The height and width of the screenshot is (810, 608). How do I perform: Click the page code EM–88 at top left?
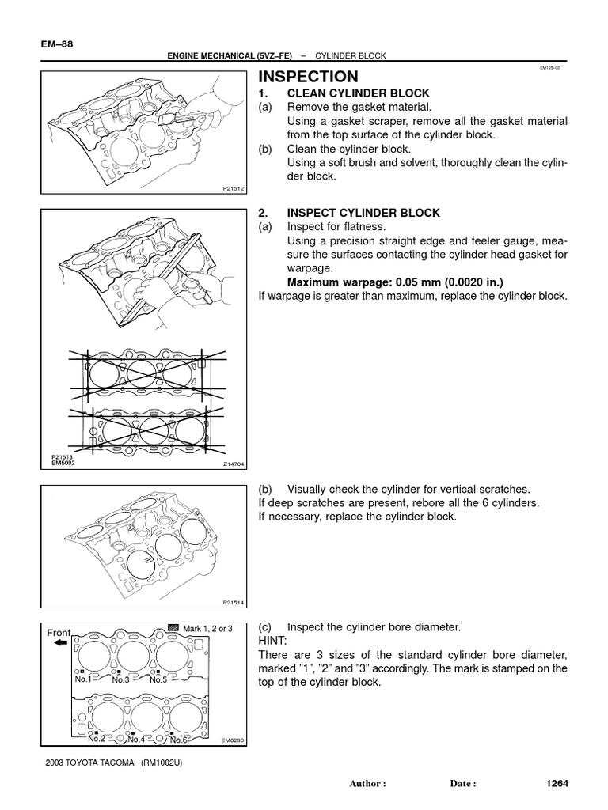click(55, 44)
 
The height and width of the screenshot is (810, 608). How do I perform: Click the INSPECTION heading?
click(309, 77)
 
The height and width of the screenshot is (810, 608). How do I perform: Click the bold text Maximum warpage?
click(376, 282)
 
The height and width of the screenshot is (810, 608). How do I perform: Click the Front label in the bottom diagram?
click(59, 633)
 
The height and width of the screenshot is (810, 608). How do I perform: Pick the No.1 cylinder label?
click(84, 679)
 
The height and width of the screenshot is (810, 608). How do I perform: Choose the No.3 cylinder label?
click(120, 679)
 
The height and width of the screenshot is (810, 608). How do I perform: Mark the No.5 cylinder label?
click(158, 679)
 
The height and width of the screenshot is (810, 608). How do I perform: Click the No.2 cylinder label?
click(97, 739)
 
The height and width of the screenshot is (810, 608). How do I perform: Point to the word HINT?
click(274, 640)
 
